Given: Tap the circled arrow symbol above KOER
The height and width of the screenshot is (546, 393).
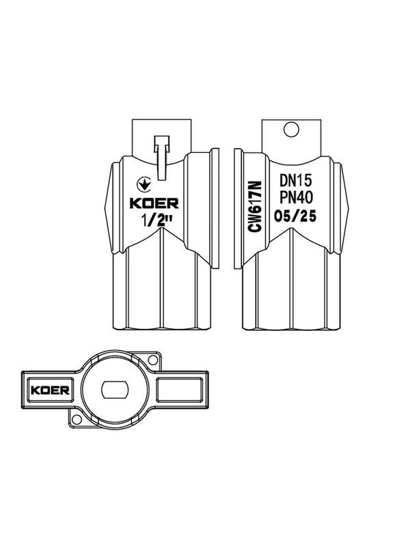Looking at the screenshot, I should [x=144, y=184].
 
